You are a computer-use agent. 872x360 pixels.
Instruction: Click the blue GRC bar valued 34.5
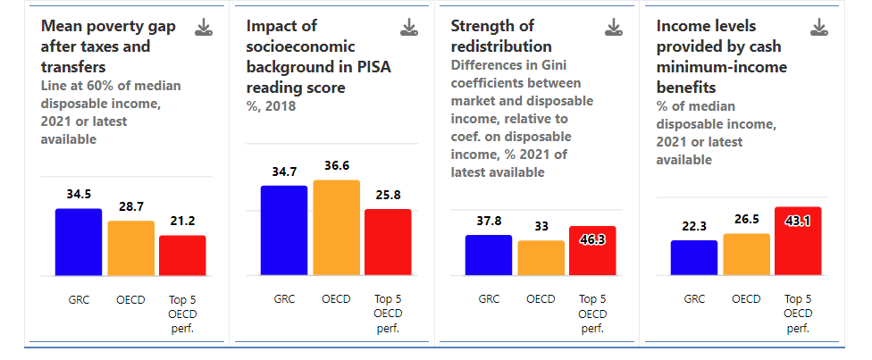[x=79, y=242]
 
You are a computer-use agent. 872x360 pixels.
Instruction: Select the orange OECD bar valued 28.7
[x=130, y=248]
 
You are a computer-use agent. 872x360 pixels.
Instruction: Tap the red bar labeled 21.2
[x=182, y=255]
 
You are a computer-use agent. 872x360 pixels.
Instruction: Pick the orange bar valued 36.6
[x=337, y=228]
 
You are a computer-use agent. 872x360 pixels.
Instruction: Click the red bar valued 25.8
[x=388, y=242]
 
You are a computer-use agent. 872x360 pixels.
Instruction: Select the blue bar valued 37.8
[x=489, y=255]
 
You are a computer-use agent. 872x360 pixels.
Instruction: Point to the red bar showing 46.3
[x=593, y=250]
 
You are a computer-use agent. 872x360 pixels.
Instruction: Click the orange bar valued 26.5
[x=746, y=255]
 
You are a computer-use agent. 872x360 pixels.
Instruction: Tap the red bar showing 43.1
[x=798, y=241]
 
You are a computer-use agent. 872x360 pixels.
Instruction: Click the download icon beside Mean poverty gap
[x=204, y=27]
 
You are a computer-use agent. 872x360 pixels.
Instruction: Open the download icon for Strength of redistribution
[x=614, y=27]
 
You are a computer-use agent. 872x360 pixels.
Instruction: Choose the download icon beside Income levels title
[x=818, y=27]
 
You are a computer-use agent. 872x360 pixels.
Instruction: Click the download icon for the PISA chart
[x=409, y=27]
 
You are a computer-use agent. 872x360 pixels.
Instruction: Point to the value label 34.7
[x=284, y=172]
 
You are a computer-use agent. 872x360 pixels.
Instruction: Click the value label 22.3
[x=694, y=227]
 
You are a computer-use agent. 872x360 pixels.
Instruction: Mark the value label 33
[x=541, y=227]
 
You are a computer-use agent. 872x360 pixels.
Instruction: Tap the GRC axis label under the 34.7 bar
[x=284, y=298]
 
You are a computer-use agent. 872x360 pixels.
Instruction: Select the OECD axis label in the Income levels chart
[x=746, y=298]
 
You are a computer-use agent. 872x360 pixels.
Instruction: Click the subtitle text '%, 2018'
[x=271, y=105]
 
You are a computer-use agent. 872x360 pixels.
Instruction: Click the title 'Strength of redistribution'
[x=501, y=36]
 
